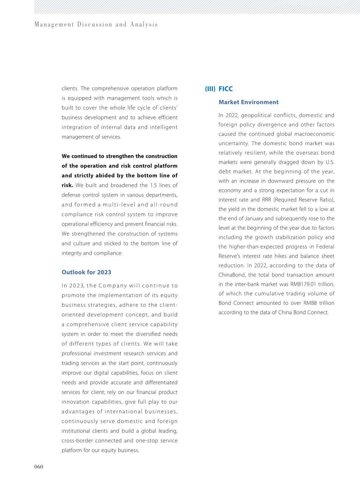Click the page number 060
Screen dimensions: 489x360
point(38,467)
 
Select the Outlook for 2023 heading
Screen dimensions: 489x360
point(86,272)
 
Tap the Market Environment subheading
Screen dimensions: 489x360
point(248,102)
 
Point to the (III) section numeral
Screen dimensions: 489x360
point(210,89)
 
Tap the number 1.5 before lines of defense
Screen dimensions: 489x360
point(153,185)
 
